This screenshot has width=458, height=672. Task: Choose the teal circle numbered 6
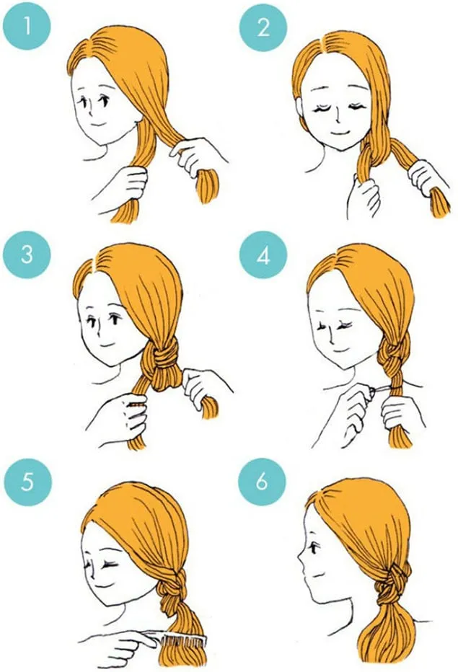point(263,482)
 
